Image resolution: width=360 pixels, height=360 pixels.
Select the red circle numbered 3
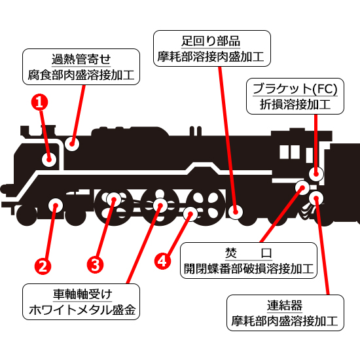point(95,265)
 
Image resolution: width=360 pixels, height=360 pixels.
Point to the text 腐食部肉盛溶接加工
point(81,75)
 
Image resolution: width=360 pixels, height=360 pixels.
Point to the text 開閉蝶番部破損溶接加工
point(248,269)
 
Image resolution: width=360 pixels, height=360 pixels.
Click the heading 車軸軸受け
point(81,294)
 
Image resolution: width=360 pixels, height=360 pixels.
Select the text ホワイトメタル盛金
point(81,310)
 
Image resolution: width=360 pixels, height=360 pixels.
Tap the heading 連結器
point(285,305)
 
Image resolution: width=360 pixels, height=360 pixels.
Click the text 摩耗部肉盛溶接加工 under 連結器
point(285,321)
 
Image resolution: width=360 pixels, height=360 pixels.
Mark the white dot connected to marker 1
point(48,158)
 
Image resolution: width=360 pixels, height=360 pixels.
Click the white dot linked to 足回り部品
point(236,211)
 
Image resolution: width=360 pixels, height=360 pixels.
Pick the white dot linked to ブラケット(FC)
point(316,174)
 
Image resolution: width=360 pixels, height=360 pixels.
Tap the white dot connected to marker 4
point(190,213)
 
